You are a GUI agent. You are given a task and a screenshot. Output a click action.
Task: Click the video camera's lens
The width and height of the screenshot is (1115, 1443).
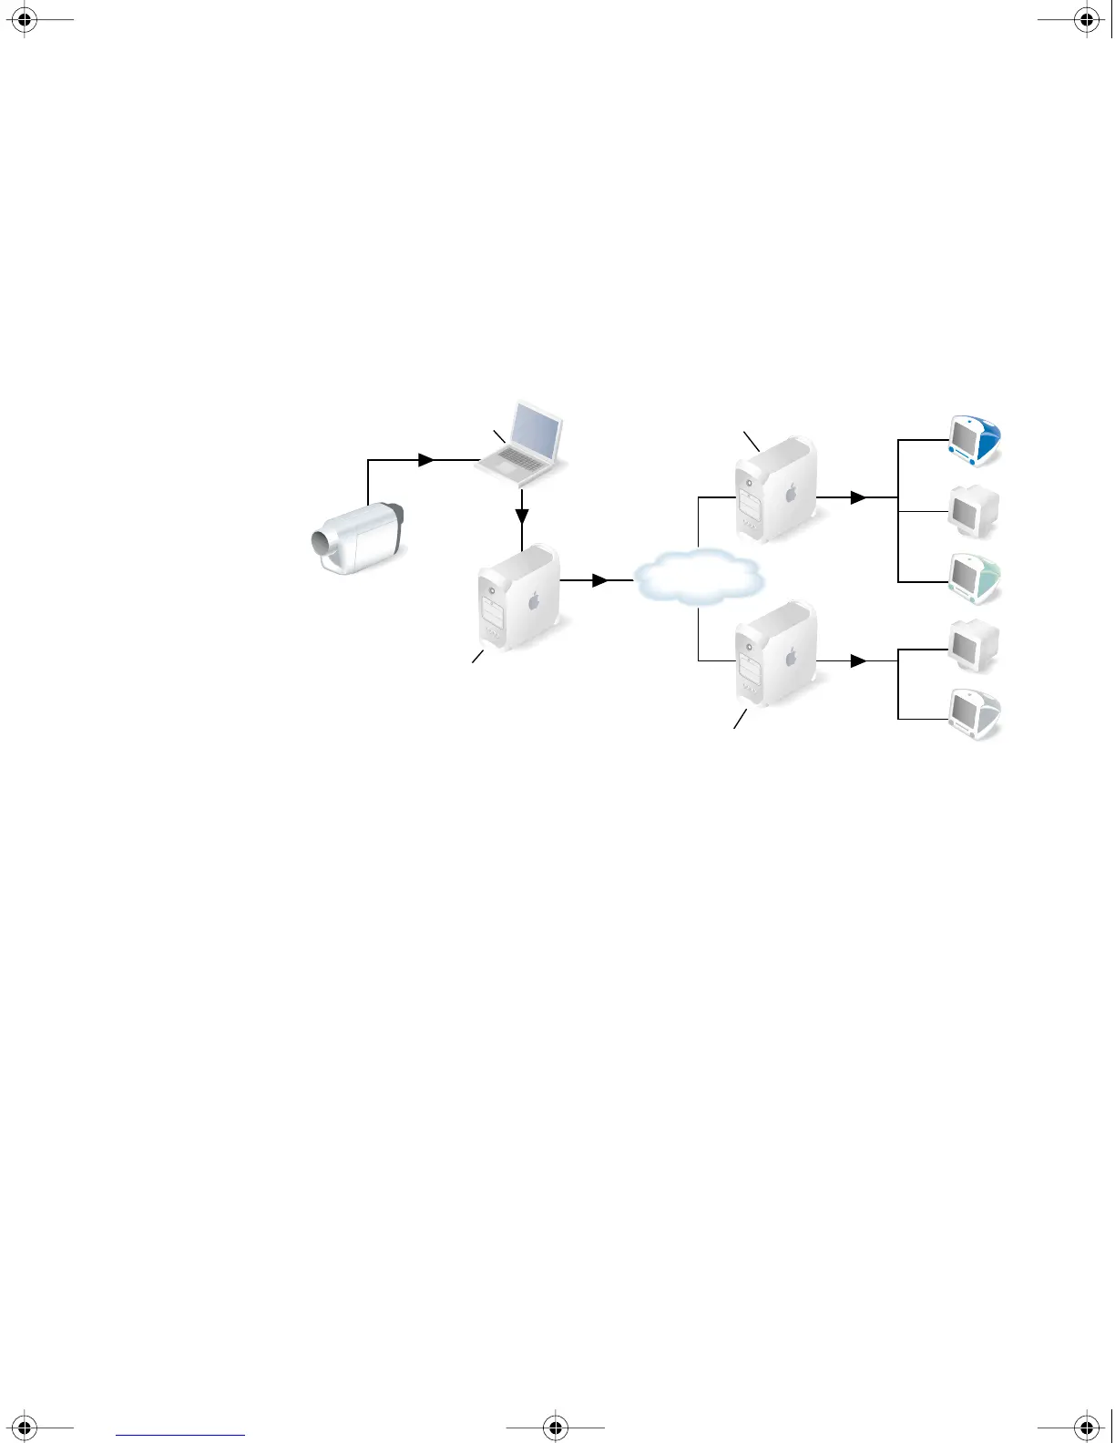point(322,545)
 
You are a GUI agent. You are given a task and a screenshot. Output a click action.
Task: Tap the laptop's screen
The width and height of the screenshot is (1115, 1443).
point(537,432)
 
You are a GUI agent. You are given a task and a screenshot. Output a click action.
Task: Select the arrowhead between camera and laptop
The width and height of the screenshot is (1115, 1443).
point(426,461)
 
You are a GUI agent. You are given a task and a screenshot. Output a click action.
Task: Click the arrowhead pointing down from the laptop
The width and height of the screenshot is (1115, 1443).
point(522,516)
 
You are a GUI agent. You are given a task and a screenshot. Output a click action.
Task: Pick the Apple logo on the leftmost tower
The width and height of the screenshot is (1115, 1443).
point(535,600)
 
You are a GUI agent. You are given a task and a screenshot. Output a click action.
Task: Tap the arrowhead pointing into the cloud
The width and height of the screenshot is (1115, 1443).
point(599,580)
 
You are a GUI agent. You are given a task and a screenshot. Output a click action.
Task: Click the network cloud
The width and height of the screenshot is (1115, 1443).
point(697,578)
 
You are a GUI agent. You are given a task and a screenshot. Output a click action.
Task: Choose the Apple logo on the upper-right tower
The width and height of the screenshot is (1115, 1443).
point(791,493)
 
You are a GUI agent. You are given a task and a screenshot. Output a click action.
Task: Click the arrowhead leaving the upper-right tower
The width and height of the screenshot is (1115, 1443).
point(857,498)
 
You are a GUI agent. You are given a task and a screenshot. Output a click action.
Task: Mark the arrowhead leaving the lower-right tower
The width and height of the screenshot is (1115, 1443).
point(857,661)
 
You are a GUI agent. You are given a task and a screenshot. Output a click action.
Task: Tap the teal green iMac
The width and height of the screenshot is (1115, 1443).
point(974,578)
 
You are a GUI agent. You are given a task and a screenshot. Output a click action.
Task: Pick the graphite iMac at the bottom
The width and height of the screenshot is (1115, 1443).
point(974,712)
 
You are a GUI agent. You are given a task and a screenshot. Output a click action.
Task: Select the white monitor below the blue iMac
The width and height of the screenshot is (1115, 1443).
point(973,511)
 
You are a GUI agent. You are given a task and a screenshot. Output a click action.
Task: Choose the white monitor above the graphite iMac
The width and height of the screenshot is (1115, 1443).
point(973,645)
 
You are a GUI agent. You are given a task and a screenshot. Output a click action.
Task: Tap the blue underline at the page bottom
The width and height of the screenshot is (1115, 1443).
point(180,1436)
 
